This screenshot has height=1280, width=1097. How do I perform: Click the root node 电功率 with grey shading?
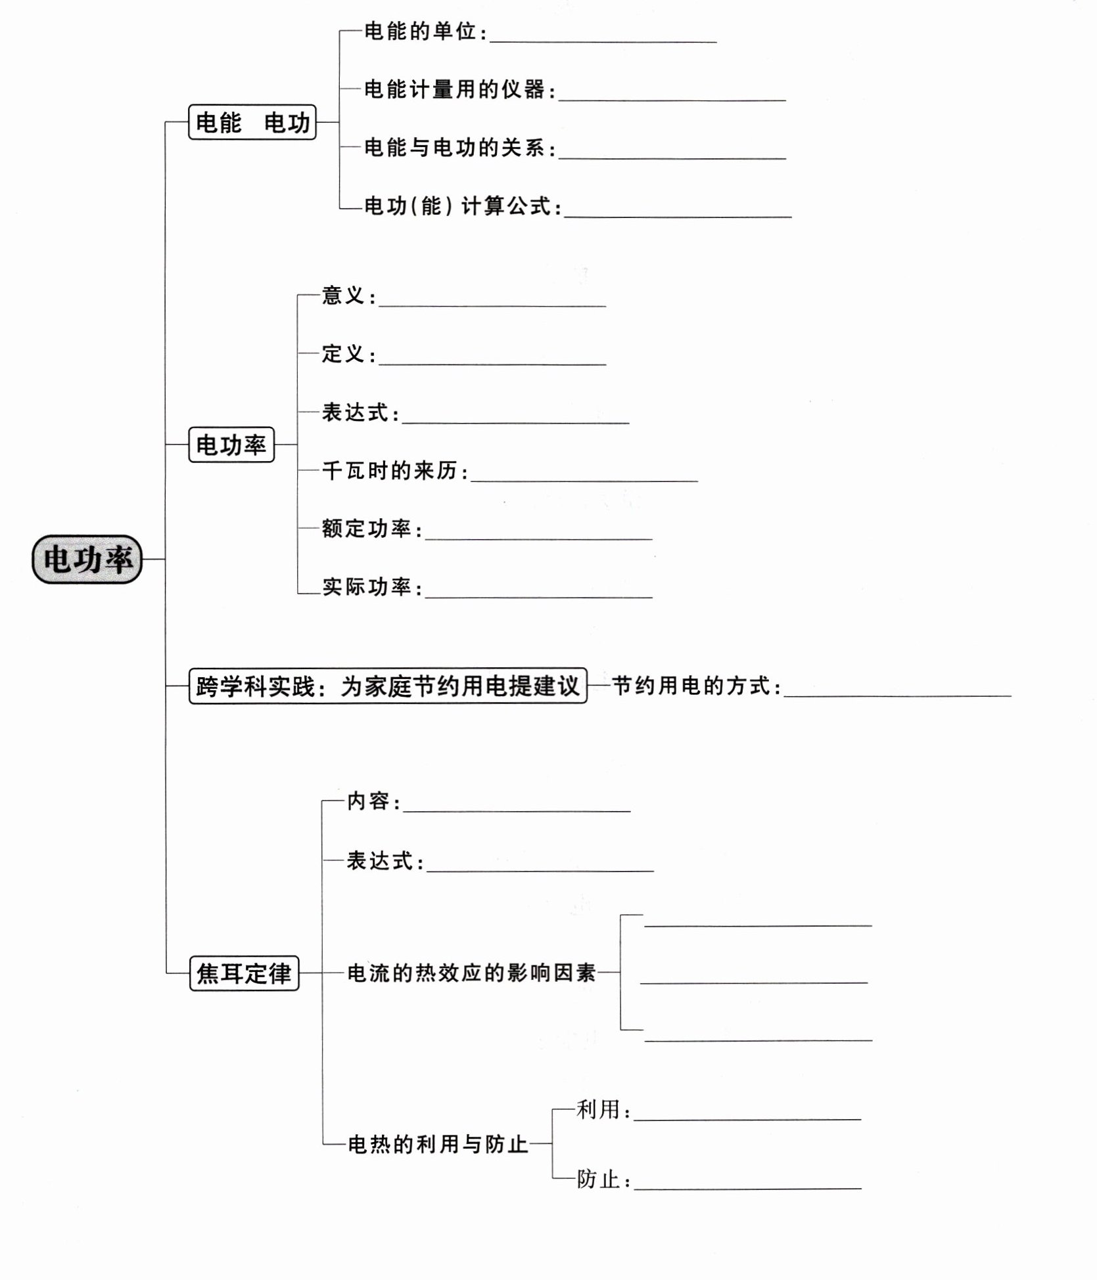pos(87,559)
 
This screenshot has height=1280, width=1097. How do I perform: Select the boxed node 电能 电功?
pos(252,122)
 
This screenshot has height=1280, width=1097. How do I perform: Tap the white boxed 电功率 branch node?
pos(231,445)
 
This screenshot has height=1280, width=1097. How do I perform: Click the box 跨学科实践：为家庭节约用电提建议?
pos(388,686)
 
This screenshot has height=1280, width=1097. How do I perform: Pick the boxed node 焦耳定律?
pos(244,973)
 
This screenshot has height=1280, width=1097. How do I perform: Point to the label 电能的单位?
pos(420,32)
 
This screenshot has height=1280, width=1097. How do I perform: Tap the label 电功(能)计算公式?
pos(457,206)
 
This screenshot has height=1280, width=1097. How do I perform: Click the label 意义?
pos(343,296)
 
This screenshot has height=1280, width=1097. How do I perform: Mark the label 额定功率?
pos(367,529)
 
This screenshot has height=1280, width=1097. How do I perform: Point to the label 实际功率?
pos(367,586)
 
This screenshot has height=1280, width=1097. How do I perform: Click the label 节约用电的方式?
pos(691,686)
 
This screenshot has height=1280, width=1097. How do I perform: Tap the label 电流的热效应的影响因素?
pos(471,973)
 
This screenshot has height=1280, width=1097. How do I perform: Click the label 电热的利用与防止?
pos(437,1145)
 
